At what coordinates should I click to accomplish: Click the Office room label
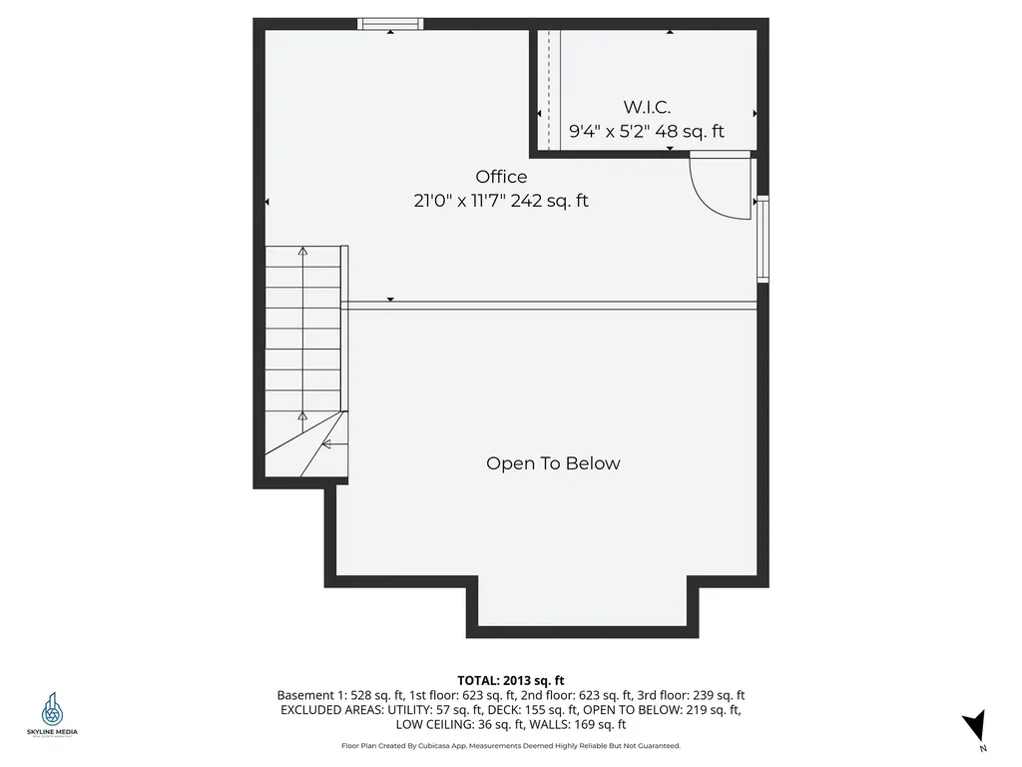[501, 177]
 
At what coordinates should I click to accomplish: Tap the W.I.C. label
[647, 107]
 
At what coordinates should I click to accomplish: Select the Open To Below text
[553, 463]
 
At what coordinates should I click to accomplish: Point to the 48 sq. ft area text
[689, 131]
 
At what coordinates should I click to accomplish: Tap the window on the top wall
[390, 24]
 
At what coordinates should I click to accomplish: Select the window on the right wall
[763, 240]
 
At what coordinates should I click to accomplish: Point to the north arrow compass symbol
[975, 726]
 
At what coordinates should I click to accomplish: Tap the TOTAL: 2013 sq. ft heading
[511, 680]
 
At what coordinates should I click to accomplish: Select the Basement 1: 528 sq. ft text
[332, 695]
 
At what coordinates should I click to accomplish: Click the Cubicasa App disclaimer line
[511, 746]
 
